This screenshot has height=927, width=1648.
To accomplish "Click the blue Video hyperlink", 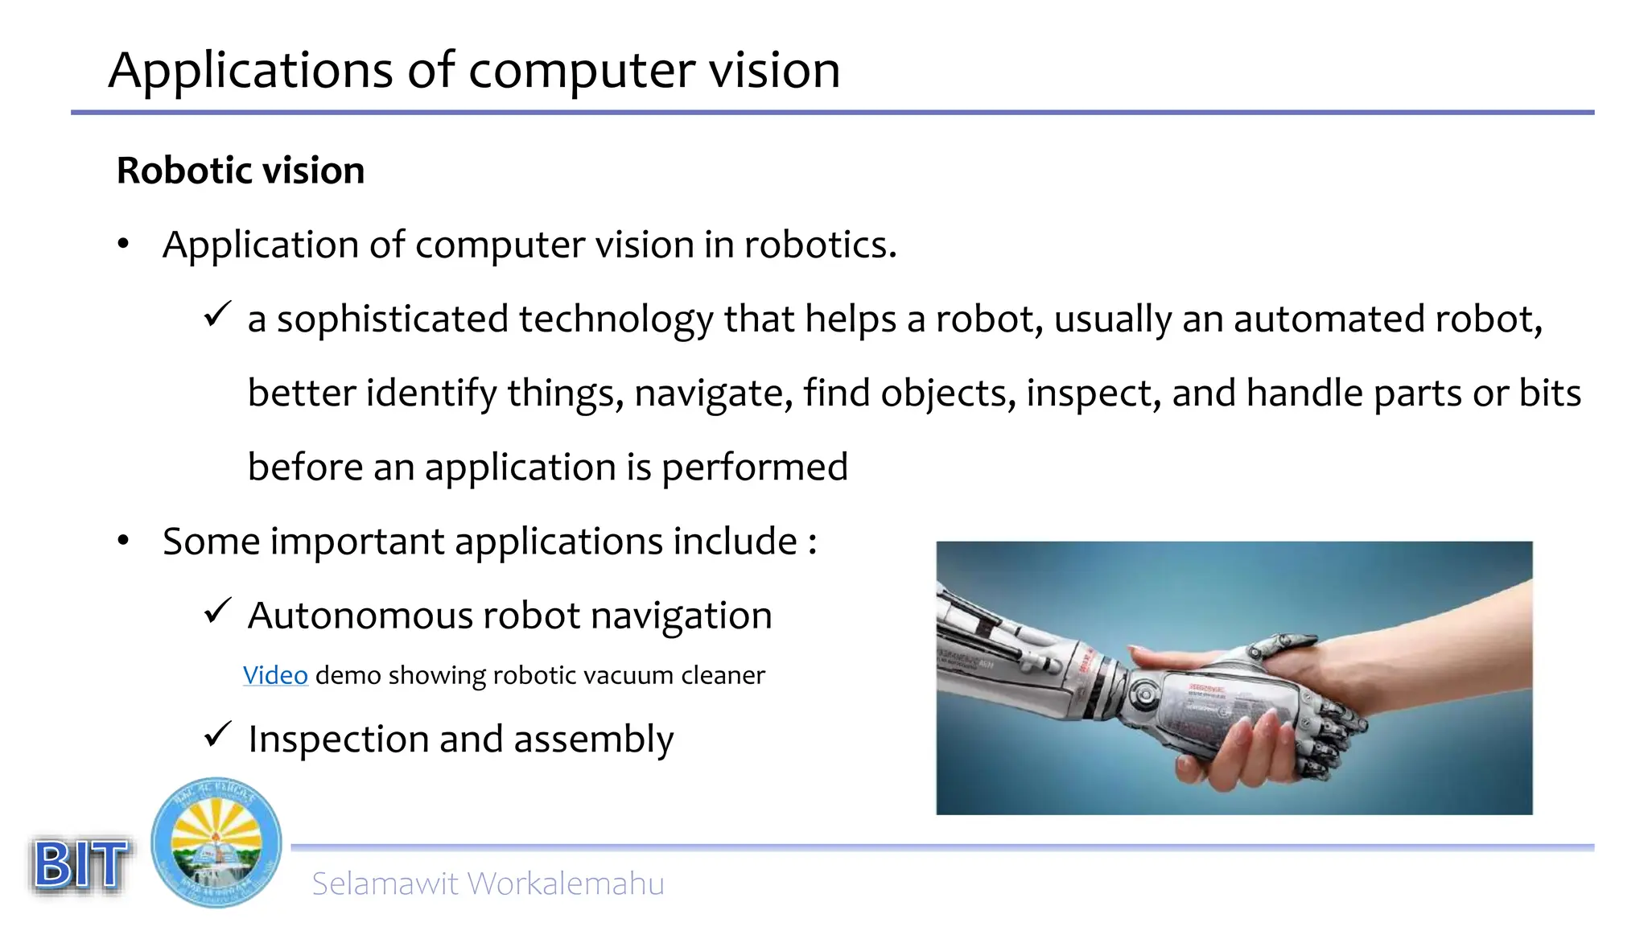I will click(x=275, y=675).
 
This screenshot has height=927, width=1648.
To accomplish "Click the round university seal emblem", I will click(x=216, y=843).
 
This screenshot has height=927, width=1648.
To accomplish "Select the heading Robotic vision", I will click(x=241, y=171).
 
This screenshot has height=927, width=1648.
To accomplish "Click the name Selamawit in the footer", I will click(x=385, y=884).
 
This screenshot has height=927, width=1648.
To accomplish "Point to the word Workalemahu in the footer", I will click(x=566, y=884).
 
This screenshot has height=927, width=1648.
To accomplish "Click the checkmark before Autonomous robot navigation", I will click(x=217, y=612).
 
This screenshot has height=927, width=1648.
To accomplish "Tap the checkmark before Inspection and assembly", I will click(x=217, y=735).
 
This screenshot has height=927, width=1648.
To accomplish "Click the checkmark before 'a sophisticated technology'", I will click(x=217, y=315).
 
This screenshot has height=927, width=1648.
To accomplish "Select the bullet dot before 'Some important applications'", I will click(x=123, y=541).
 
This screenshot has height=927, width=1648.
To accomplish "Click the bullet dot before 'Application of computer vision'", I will click(x=123, y=244).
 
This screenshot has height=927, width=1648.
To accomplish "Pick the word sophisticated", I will click(x=393, y=319).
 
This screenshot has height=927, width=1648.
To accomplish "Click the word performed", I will click(x=755, y=468).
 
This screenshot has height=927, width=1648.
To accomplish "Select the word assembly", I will click(x=594, y=740).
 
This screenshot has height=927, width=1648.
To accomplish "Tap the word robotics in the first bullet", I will click(x=819, y=245).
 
